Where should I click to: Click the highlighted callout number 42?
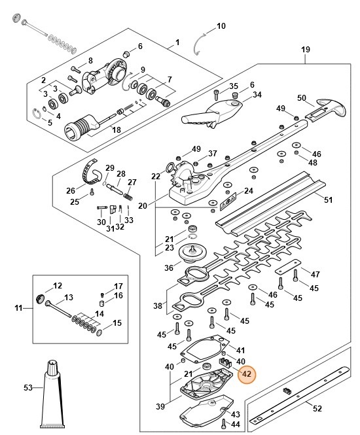247,374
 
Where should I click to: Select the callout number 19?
305,49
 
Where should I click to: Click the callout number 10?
221,26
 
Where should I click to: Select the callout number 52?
317,409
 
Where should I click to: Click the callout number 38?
157,305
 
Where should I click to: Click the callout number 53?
28,388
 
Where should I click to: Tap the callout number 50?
302,97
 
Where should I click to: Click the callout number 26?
71,190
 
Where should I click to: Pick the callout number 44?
236,425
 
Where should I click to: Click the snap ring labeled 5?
37,116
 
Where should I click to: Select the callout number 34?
257,95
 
